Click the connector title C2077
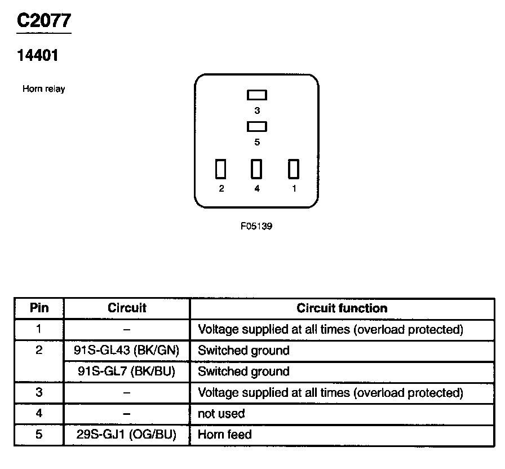pyautogui.click(x=44, y=20)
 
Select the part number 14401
pyautogui.click(x=38, y=56)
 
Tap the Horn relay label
pyautogui.click(x=43, y=89)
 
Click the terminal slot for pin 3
pyautogui.click(x=257, y=95)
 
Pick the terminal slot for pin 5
pyautogui.click(x=257, y=126)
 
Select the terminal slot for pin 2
pyautogui.click(x=221, y=169)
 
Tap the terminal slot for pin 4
pyautogui.click(x=257, y=169)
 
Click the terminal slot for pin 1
pyautogui.click(x=293, y=169)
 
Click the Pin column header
pyautogui.click(x=39, y=308)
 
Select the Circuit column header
pyautogui.click(x=127, y=308)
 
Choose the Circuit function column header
pyautogui.click(x=342, y=308)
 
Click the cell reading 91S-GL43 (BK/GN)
pyautogui.click(x=126, y=351)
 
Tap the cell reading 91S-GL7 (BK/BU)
pyautogui.click(x=126, y=371)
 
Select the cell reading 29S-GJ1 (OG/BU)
pyautogui.click(x=126, y=435)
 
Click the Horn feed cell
pyautogui.click(x=225, y=435)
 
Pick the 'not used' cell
pyautogui.click(x=222, y=414)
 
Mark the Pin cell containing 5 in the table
pyautogui.click(x=39, y=435)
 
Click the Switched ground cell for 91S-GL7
pyautogui.click(x=243, y=371)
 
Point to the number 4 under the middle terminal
pyautogui.click(x=257, y=189)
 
